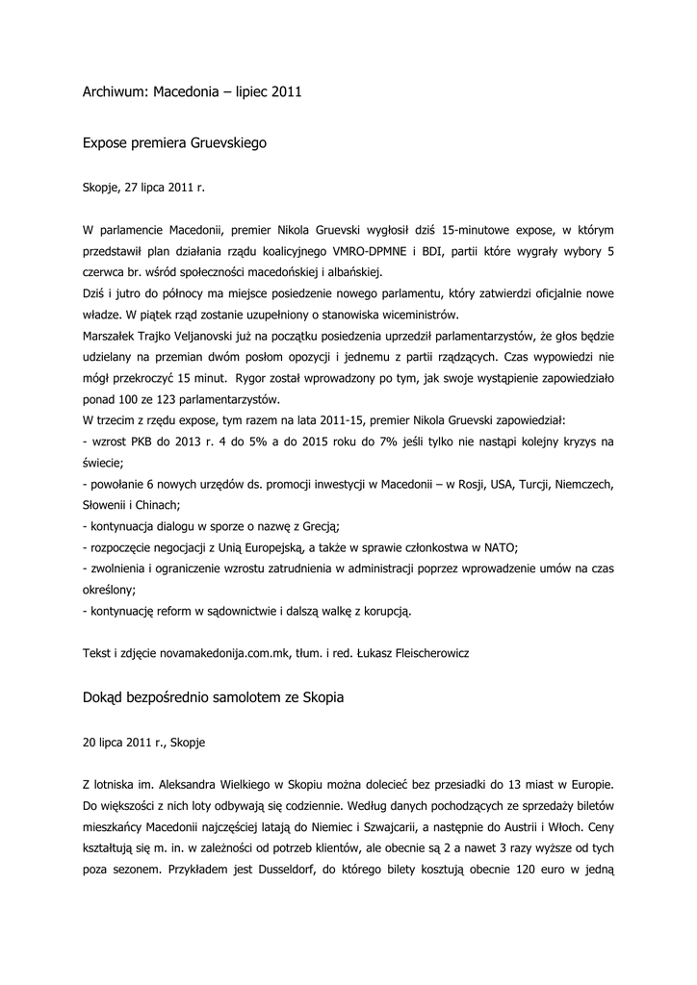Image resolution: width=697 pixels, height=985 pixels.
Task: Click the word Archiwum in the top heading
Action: [x=114, y=93]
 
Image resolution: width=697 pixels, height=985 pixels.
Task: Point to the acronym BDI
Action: [x=422, y=252]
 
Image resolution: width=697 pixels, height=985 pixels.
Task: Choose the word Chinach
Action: [x=158, y=504]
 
